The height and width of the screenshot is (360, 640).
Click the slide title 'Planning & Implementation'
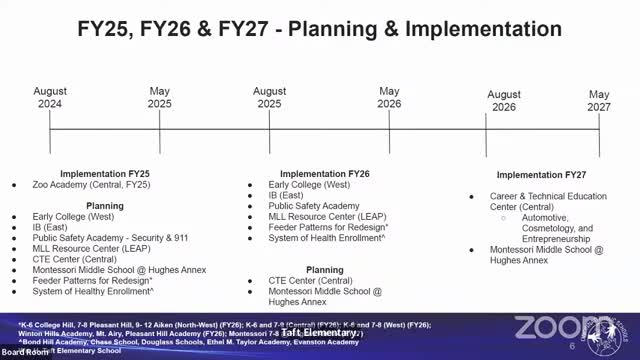click(x=320, y=29)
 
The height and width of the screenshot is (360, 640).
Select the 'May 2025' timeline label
click(x=160, y=96)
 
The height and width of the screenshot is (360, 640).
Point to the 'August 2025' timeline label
click(x=267, y=96)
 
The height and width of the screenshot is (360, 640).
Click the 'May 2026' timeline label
click(x=390, y=96)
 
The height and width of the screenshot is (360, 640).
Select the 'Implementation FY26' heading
click(x=325, y=173)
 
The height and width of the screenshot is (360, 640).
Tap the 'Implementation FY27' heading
click(x=541, y=175)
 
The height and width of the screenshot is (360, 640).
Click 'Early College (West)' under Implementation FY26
click(x=309, y=185)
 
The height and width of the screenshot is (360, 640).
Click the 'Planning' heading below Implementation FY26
click(x=325, y=270)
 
